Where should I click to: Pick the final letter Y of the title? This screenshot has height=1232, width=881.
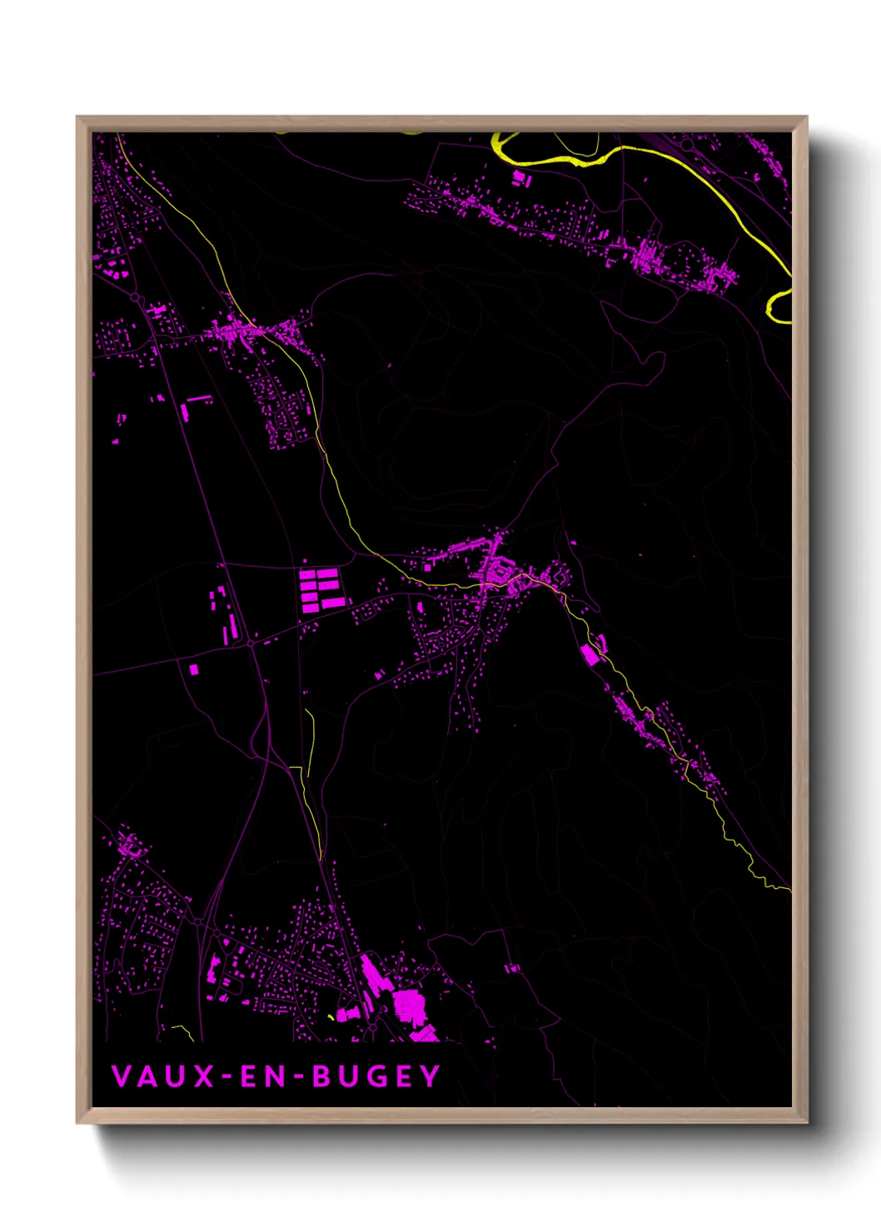coord(431,1076)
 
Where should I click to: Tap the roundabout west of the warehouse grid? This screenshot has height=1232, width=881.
coord(251,643)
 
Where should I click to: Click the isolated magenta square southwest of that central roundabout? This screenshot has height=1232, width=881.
coord(193,668)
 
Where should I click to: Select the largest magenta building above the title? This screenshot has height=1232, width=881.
coord(409,1006)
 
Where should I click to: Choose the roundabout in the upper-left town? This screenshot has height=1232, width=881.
coord(135,296)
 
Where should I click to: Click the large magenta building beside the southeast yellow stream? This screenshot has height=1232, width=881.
coord(590,654)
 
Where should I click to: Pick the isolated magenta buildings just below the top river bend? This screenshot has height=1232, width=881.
coord(520,178)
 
